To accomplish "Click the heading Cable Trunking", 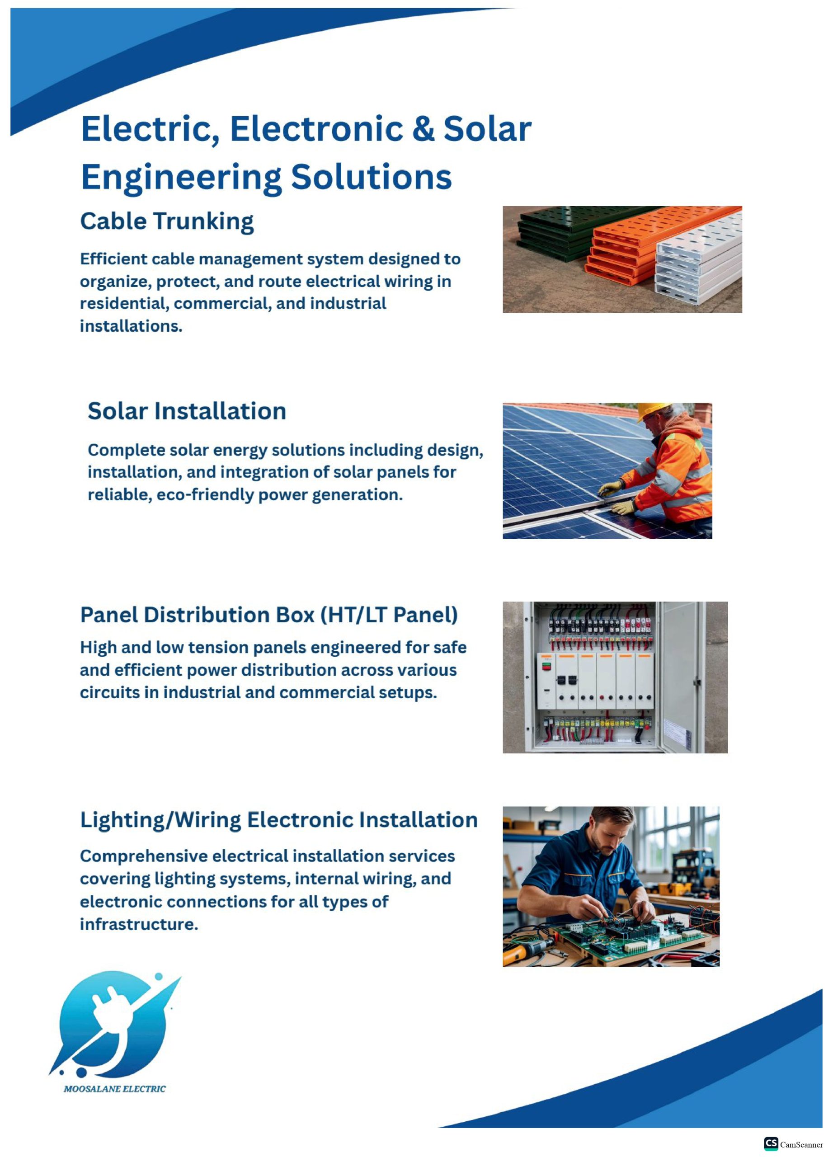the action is click(x=167, y=222).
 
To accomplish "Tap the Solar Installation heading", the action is click(x=187, y=411).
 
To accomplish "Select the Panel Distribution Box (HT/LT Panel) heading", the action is click(x=269, y=615).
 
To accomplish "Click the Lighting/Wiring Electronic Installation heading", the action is click(x=279, y=820).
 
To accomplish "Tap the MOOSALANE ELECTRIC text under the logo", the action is click(x=115, y=1089).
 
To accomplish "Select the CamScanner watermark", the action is click(x=793, y=1144).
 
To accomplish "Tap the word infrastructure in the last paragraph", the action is click(x=139, y=924).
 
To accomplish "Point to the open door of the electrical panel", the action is click(x=681, y=677).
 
